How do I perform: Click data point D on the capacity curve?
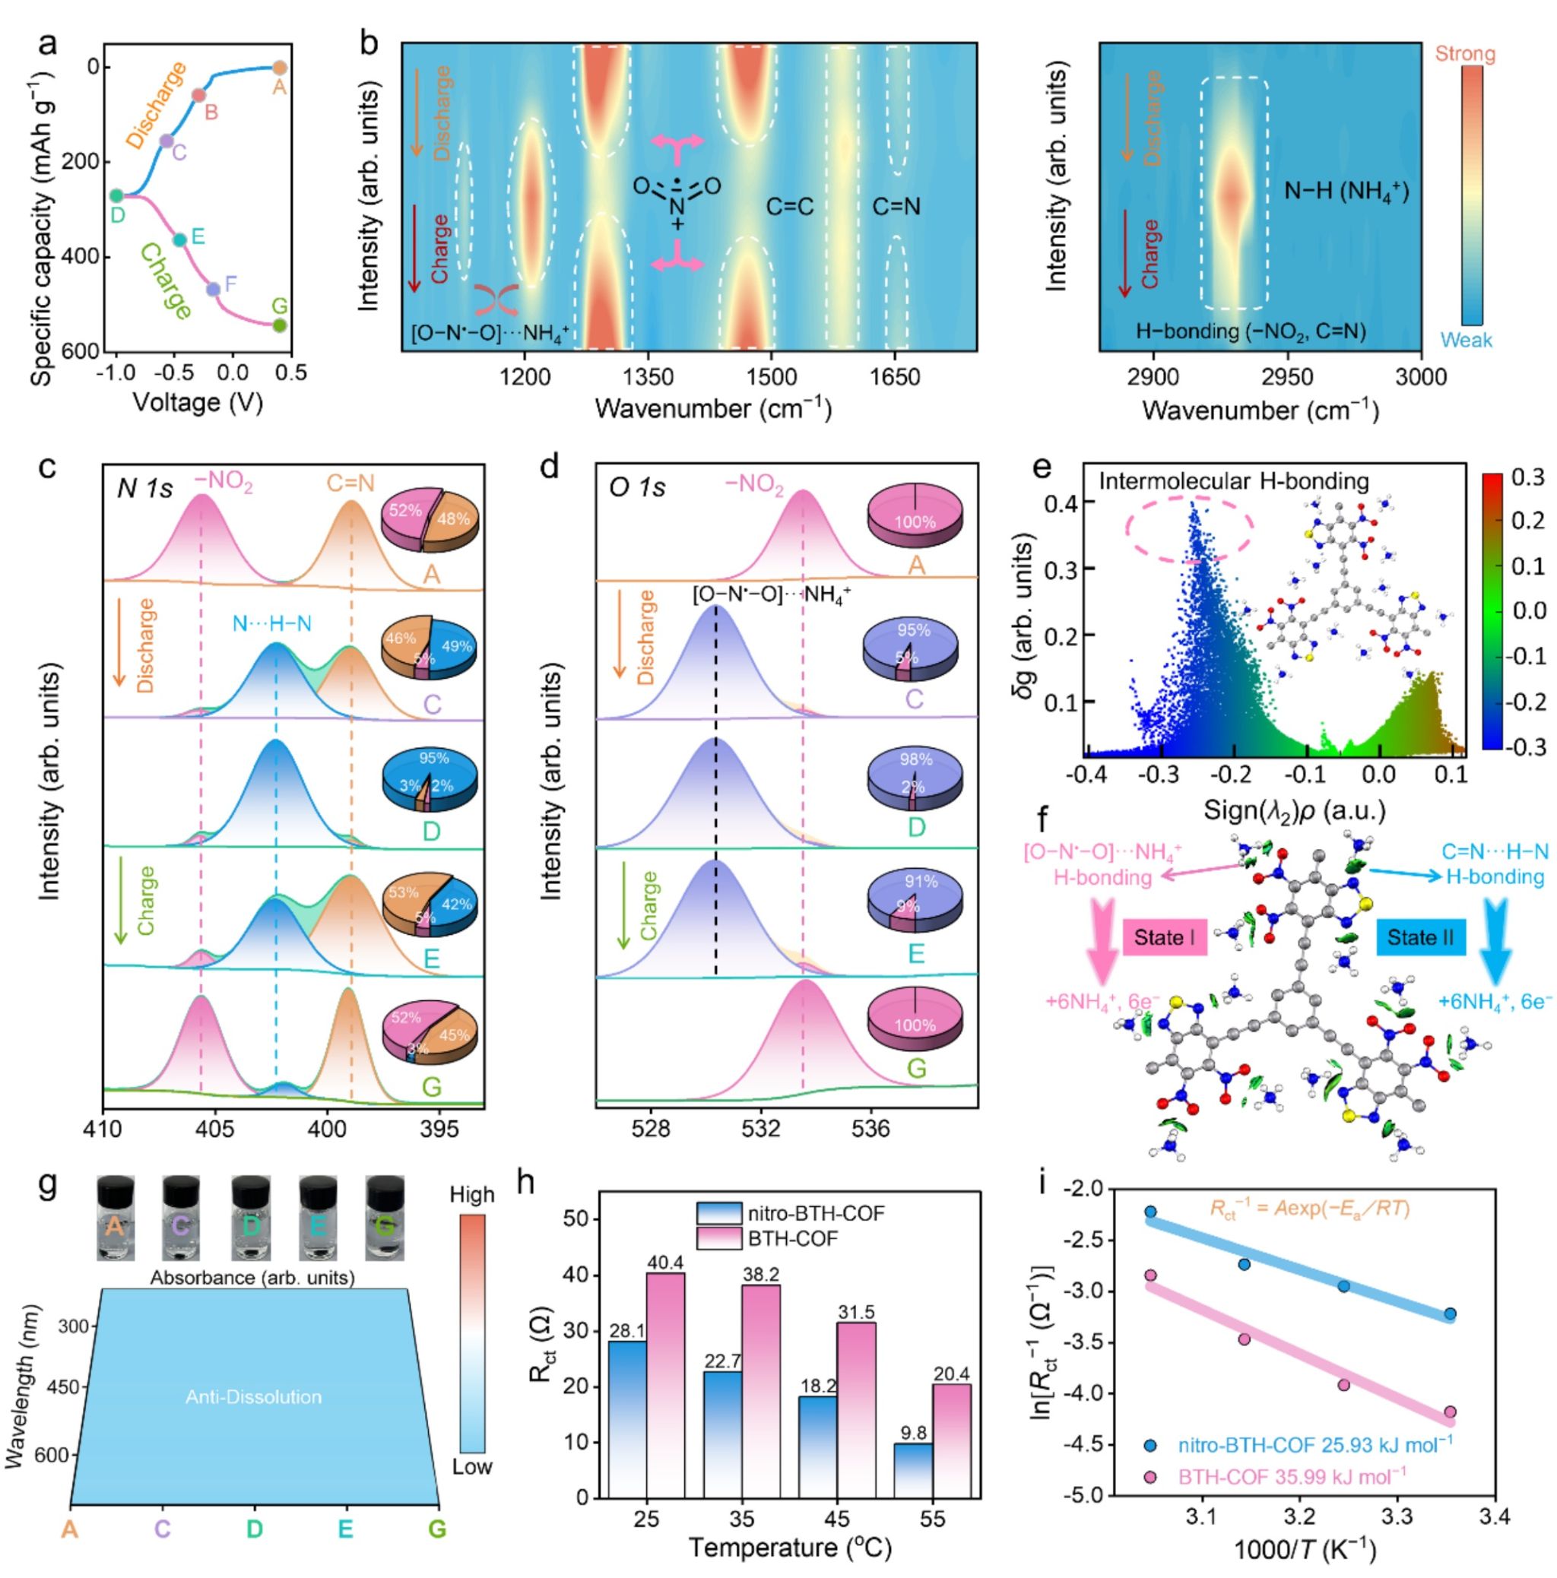(x=116, y=195)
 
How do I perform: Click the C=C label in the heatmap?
(x=789, y=207)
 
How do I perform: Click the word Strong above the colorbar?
(x=1465, y=54)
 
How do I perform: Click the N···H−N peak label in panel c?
(x=272, y=624)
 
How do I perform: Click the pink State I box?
(x=1163, y=936)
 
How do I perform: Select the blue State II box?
(x=1421, y=936)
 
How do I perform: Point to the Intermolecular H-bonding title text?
(x=1233, y=481)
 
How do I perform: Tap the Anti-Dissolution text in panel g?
(x=253, y=1396)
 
